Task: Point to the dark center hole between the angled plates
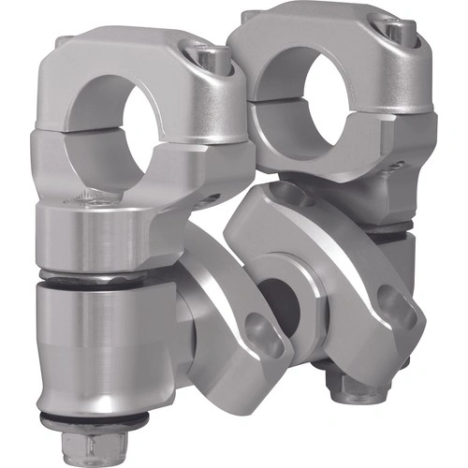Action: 281,303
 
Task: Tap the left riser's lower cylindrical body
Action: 103,346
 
